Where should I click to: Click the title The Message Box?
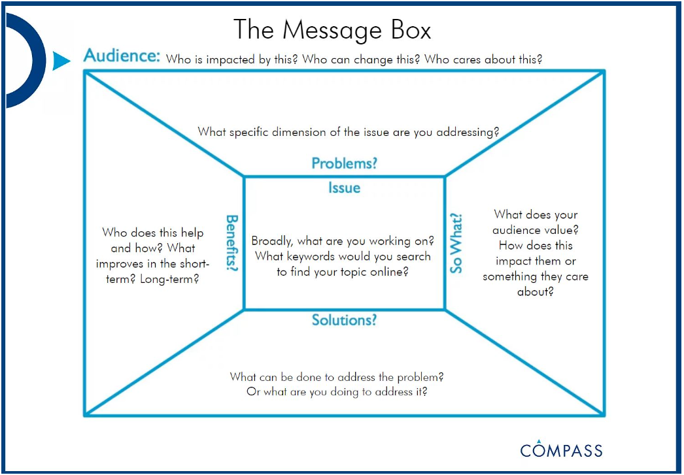[x=332, y=30]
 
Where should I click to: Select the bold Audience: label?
[x=122, y=56]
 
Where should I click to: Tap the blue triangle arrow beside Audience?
[x=60, y=61]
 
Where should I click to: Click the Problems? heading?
[x=344, y=163]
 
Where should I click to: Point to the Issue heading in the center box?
[x=344, y=188]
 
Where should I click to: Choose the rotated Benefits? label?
[x=231, y=243]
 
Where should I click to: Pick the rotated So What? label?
[x=456, y=243]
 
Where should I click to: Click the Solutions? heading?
[x=344, y=320]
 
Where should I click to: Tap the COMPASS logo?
[x=561, y=449]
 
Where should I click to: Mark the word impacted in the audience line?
[x=227, y=59]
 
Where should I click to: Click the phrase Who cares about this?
[x=483, y=59]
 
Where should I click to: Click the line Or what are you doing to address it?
[x=337, y=392]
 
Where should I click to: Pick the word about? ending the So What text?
[x=535, y=291]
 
